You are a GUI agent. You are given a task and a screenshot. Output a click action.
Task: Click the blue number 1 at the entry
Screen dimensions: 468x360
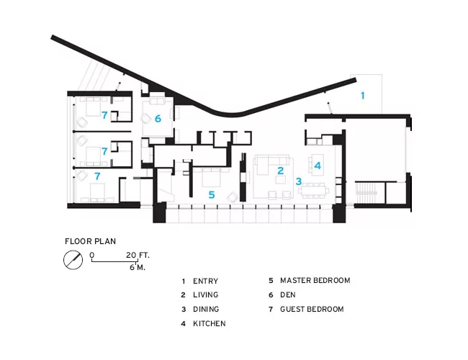tap(363, 96)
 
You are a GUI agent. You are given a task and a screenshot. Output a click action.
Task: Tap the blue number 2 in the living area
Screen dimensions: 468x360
tap(280, 171)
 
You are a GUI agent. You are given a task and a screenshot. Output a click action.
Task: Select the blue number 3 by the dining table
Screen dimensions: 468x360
tap(299, 181)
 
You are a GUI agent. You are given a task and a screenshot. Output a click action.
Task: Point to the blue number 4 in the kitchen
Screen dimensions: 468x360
tap(318, 166)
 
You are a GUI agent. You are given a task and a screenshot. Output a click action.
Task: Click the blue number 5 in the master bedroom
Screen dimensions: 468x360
tap(212, 194)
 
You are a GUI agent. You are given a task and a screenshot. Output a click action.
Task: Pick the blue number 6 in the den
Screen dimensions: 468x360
tap(158, 119)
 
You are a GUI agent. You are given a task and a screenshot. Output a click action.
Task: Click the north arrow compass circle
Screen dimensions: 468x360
tap(73, 260)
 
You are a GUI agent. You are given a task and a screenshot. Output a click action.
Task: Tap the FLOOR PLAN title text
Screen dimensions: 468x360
tap(91, 241)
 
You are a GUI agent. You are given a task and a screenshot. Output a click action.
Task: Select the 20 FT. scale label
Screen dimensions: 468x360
tap(138, 255)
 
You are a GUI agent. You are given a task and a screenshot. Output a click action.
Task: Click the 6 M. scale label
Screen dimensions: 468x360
tap(138, 267)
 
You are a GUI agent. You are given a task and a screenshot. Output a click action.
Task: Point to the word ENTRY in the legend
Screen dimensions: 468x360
tap(206, 282)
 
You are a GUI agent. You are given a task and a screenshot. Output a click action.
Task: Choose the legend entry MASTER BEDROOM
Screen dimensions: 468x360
tap(315, 281)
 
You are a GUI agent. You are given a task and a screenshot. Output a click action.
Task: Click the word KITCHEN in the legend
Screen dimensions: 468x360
tap(210, 323)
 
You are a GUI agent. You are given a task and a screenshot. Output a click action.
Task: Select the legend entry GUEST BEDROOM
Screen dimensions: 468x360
tap(312, 310)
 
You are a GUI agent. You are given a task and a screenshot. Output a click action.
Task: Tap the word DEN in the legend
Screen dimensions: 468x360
tap(288, 295)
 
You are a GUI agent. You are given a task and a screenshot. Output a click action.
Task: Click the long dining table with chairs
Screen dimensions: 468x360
tap(313, 191)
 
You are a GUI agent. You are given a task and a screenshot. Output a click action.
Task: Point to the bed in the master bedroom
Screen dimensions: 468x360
tap(211, 177)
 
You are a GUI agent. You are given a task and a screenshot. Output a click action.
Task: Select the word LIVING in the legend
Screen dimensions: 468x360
tap(206, 295)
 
